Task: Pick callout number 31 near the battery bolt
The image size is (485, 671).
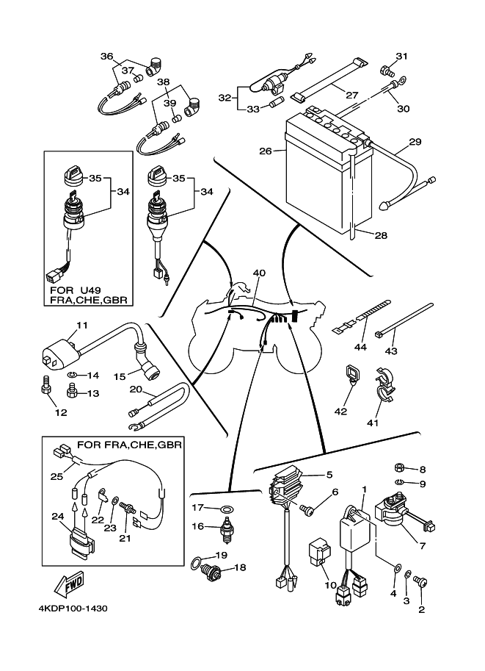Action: (401, 57)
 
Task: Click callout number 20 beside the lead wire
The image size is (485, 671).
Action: (136, 389)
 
